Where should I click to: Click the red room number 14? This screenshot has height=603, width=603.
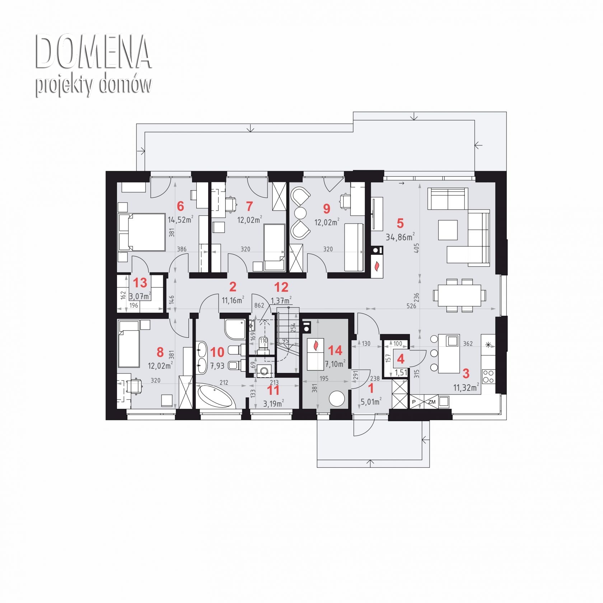(335, 350)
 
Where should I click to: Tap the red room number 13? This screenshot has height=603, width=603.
(140, 283)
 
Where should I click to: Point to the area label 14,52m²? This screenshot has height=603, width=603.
(181, 219)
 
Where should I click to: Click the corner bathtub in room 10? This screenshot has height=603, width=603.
(215, 396)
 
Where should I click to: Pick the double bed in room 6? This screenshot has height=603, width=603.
(141, 232)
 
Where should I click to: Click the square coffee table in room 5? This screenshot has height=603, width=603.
(448, 230)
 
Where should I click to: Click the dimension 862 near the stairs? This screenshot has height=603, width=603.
(259, 305)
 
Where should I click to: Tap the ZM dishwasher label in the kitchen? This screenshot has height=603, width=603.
(432, 402)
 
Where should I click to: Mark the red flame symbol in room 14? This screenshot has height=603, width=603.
(316, 345)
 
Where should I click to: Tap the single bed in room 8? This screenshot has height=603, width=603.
(129, 344)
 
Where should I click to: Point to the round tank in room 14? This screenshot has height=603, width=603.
(337, 399)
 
